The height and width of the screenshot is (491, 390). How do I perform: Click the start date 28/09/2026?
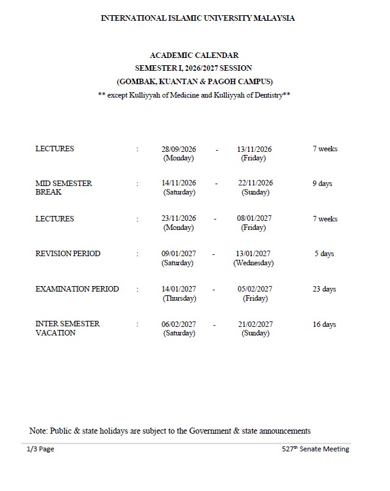179,149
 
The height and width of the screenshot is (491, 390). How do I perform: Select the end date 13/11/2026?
255,149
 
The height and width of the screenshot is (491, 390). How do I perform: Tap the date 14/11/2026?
179,183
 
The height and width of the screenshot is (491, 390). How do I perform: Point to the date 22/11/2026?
255,183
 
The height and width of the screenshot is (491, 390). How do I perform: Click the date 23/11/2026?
179,218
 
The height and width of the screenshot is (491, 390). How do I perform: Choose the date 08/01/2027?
255,218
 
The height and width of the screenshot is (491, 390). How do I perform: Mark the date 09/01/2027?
178,254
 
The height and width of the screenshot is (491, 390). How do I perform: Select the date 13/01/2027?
253,254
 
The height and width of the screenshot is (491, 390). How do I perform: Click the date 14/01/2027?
179,289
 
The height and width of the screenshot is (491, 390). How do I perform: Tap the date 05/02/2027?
255,289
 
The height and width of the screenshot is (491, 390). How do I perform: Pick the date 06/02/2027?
179,324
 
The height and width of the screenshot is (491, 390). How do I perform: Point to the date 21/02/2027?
255,324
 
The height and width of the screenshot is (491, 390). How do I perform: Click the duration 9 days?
322,184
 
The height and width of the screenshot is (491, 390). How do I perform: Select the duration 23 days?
324,289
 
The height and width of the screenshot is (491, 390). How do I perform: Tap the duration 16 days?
324,324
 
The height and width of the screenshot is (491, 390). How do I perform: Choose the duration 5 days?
324,254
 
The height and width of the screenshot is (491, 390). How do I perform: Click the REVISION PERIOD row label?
68,254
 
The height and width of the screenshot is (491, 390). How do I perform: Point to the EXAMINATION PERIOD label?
77,289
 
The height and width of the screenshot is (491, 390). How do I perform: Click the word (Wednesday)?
253,263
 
